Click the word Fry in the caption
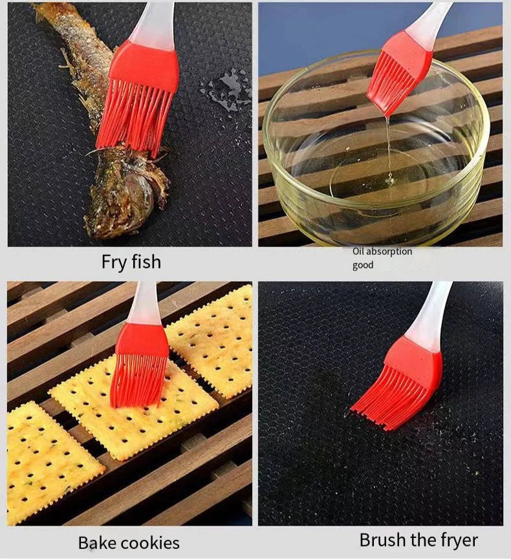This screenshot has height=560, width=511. (115, 262)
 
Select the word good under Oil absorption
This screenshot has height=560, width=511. (363, 265)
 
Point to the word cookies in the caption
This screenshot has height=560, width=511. (150, 543)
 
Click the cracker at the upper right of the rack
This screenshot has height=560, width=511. (213, 339)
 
